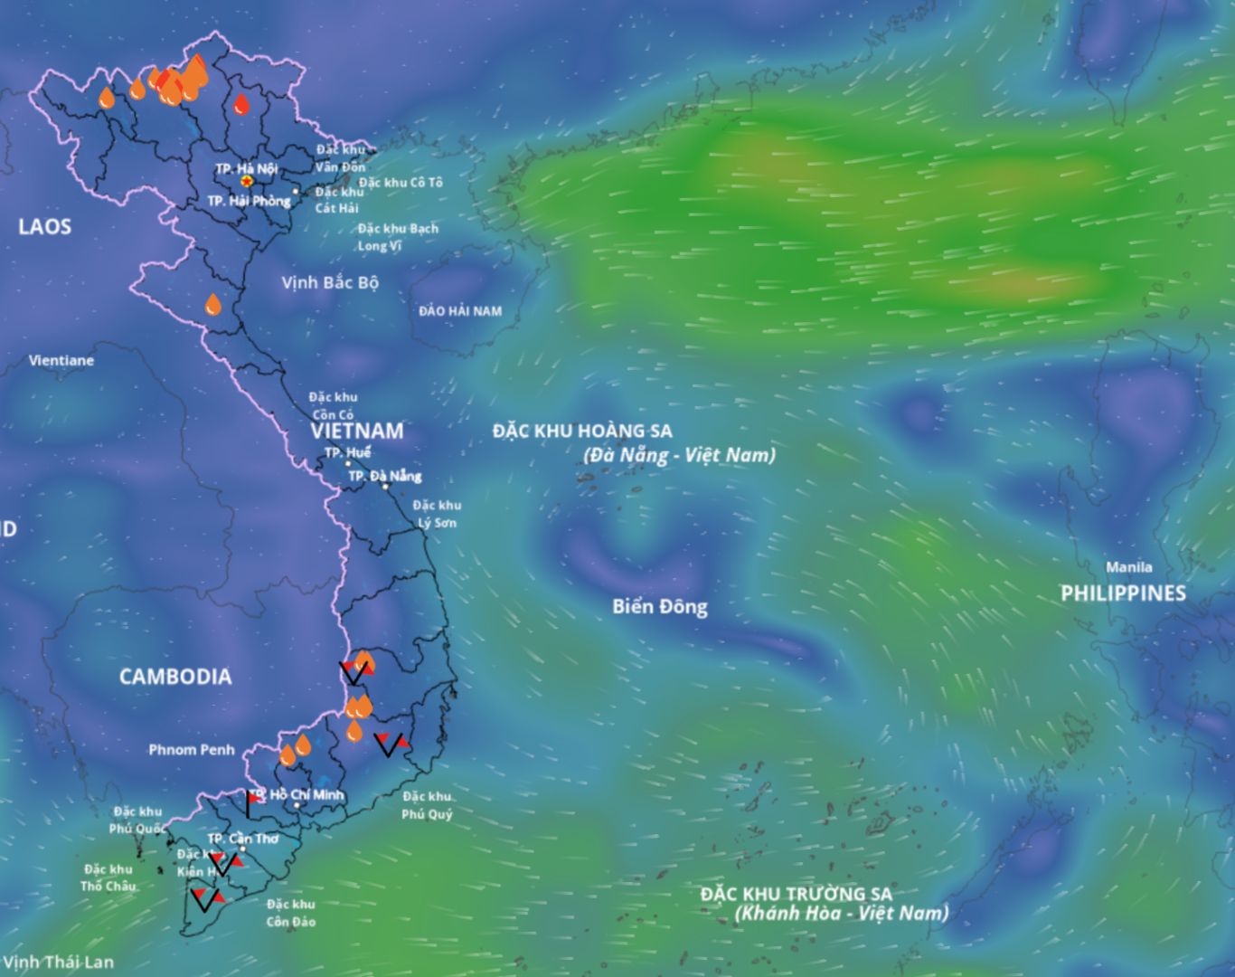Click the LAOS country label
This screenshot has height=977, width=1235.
click(44, 226)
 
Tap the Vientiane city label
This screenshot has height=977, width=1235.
click(61, 360)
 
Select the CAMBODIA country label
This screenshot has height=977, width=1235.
click(174, 677)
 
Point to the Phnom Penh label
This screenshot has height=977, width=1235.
click(191, 749)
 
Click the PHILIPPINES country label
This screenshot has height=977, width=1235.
click(1123, 593)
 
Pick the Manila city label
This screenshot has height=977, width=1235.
click(1129, 567)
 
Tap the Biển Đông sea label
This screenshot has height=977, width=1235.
click(659, 606)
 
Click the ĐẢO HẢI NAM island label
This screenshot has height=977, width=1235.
click(459, 311)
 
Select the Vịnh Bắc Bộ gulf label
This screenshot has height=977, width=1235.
click(329, 282)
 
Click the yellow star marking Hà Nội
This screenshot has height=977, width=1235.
click(247, 181)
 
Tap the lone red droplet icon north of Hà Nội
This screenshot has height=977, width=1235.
click(241, 105)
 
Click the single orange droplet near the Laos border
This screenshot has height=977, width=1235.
click(212, 305)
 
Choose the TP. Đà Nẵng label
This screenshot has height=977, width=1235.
click(384, 476)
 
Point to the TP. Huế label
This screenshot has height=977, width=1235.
click(347, 452)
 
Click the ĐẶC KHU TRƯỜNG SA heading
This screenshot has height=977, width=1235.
click(796, 894)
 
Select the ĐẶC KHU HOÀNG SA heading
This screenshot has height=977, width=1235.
click(582, 432)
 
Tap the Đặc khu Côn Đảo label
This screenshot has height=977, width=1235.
click(290, 913)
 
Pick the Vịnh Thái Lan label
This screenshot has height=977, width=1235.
click(58, 962)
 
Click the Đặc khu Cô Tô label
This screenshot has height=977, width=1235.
click(401, 183)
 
